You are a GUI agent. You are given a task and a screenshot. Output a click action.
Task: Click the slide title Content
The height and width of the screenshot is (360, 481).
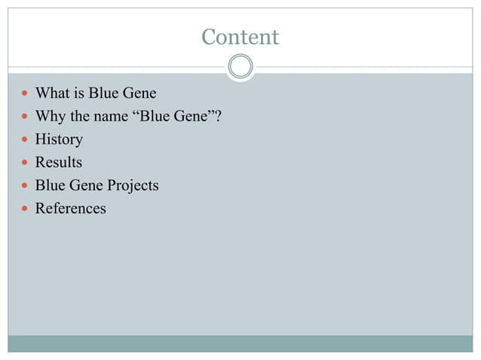point(240,36)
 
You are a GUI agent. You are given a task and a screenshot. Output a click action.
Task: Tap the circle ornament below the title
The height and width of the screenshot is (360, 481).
point(240,67)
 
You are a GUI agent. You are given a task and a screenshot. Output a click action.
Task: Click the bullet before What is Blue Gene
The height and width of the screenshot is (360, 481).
point(26,95)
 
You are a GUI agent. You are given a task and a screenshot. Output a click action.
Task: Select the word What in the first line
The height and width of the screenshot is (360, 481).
point(53,94)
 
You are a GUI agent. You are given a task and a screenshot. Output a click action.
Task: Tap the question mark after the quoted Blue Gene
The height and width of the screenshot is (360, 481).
point(218,117)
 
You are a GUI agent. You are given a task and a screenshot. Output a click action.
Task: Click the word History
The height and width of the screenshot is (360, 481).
point(59,139)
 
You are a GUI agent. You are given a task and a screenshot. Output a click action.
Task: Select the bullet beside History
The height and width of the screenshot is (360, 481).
point(26,140)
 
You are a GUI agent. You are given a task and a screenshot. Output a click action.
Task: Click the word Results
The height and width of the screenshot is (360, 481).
point(59,162)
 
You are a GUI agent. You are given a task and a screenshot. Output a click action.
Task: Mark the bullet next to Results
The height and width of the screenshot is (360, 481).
point(26,163)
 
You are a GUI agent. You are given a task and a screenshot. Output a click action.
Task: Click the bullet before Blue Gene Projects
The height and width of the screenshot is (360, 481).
point(26,186)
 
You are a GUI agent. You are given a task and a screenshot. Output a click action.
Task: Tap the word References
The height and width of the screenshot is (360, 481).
point(71,208)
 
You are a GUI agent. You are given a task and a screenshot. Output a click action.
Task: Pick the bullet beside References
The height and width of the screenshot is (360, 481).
point(26,209)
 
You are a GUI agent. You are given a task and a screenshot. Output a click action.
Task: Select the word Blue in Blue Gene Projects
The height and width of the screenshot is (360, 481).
point(50,185)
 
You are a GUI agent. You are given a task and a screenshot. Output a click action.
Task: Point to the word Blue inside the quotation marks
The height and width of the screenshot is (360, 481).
point(157,117)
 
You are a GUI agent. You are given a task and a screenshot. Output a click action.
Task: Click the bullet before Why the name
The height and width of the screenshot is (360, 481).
point(26,117)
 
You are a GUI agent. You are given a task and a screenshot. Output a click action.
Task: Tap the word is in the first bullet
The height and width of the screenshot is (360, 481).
point(79,94)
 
